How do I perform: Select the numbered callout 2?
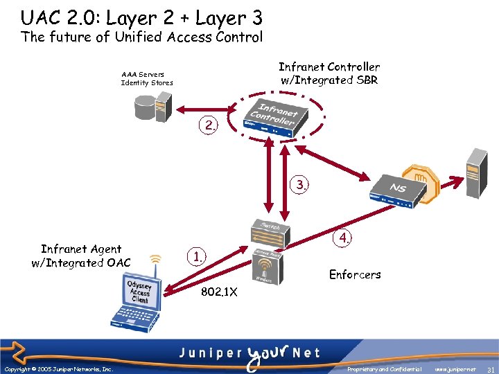pos(208,125)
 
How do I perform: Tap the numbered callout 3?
pos(301,185)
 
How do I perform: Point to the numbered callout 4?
pos(343,238)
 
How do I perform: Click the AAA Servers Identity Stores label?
pos(147,78)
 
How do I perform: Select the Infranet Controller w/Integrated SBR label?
pos(329,73)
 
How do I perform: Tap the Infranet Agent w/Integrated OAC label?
pos(81,256)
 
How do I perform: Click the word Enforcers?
pos(355,274)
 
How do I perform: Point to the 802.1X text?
pos(219,292)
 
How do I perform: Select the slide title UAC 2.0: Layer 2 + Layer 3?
pos(141,17)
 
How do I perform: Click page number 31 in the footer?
pos(490,369)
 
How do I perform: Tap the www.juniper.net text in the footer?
pos(455,369)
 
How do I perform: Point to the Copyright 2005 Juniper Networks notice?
pos(59,369)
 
